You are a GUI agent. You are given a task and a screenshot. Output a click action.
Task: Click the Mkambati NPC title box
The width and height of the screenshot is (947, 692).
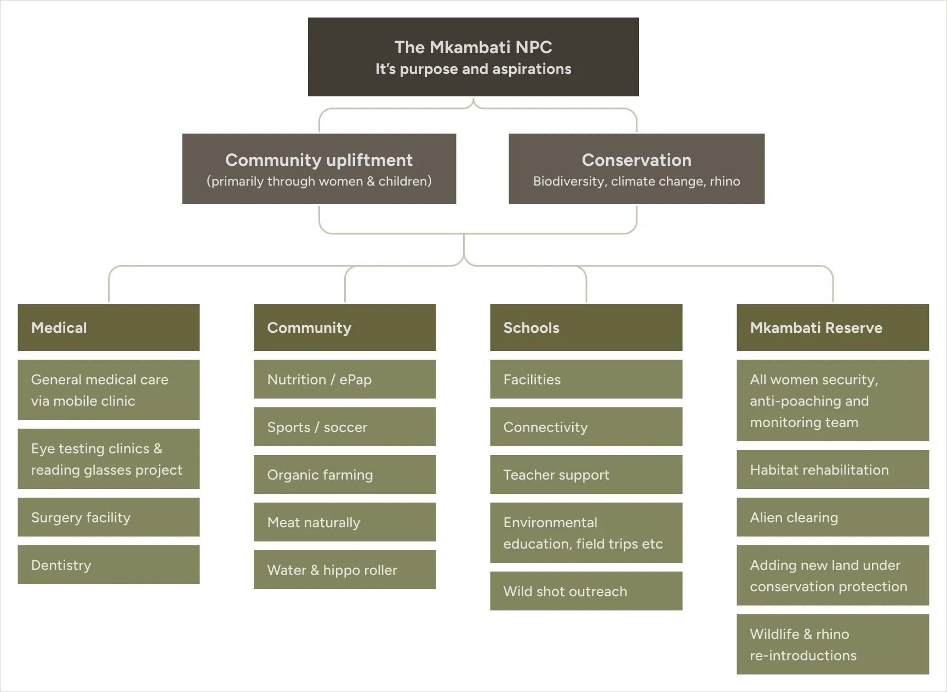point(473,57)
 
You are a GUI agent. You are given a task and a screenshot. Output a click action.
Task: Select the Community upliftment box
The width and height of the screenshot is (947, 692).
point(319,169)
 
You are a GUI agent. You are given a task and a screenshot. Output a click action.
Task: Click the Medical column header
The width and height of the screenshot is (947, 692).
point(109,327)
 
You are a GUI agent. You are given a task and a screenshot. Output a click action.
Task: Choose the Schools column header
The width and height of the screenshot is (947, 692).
point(586,327)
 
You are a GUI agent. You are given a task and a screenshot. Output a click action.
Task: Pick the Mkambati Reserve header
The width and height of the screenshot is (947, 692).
point(832,327)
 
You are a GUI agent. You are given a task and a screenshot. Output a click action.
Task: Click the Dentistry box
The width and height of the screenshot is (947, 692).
point(109,565)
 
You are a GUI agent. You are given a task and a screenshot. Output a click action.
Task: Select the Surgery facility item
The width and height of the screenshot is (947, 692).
point(109,517)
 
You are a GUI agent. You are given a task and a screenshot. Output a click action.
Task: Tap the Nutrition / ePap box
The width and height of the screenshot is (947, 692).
point(345,379)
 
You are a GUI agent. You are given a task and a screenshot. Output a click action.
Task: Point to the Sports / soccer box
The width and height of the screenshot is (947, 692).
point(345,427)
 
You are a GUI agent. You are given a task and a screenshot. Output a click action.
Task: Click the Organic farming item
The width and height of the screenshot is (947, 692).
point(345,475)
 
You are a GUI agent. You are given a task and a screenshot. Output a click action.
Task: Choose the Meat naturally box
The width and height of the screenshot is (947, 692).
point(345,522)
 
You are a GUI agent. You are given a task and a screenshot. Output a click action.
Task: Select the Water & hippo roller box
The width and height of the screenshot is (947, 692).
point(345,570)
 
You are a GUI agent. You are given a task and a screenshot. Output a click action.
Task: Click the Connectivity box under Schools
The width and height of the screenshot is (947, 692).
point(586,427)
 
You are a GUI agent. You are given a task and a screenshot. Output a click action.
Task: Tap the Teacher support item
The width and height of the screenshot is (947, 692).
point(586,475)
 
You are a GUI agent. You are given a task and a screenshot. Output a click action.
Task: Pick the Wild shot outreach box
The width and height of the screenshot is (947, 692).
point(586,591)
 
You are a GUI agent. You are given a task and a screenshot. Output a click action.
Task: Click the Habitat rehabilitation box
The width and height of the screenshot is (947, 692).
point(832,470)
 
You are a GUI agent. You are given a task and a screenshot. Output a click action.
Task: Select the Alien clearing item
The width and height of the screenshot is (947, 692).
point(832,517)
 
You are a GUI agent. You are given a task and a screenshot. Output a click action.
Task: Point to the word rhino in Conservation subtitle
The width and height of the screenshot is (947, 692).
point(724,182)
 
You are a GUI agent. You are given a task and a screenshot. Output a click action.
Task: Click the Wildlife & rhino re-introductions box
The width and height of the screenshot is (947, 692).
point(832,644)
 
